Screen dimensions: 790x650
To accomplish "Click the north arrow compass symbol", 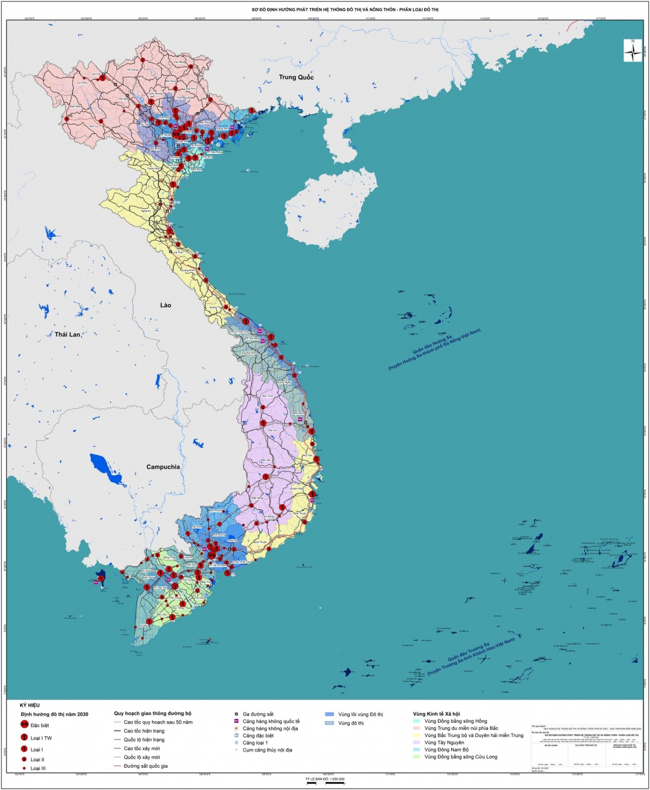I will pos(633,52).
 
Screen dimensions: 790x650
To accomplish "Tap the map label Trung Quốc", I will pos(296,77).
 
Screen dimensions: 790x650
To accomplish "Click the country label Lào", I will pos(165,305).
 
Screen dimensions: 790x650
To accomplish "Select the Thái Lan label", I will pos(67,335).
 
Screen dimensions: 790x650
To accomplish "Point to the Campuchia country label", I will pos(162,467).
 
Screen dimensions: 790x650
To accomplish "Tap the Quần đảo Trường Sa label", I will pos(471,655).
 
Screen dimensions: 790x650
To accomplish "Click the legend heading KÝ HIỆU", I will pos(30,705).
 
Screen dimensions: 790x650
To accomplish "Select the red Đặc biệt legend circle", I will pos(24,725).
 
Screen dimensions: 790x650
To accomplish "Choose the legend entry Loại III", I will pos(38,768).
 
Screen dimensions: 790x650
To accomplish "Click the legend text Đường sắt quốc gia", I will pos(145,766).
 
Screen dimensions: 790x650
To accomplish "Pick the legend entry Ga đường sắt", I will pos(258,714).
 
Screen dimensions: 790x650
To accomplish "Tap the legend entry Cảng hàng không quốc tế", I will pos(271,721).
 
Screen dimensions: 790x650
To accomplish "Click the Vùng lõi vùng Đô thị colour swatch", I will pos(329,714).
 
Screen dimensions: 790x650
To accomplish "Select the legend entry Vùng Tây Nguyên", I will pos(444,742).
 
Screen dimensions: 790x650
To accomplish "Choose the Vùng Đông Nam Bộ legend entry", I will pos(446,749).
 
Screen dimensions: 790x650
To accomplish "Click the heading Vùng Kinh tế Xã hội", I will pos(436,714).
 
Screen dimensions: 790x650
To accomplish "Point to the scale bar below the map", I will pos(325,783).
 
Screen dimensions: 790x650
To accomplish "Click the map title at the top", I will pos(345,10).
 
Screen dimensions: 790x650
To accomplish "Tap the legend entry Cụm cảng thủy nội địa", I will pos(267,750).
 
